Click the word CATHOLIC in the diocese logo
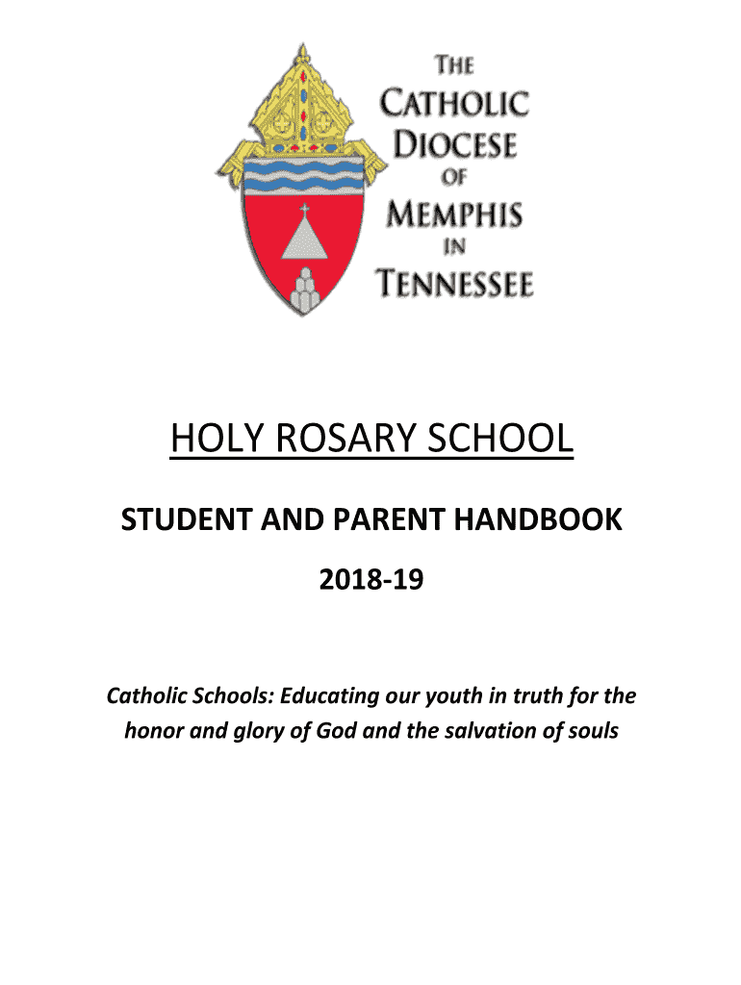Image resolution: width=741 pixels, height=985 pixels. (x=455, y=104)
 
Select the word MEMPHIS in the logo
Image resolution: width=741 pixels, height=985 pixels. (x=454, y=214)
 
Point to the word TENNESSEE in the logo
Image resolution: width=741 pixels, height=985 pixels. (x=454, y=283)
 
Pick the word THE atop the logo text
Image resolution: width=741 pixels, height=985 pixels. (x=455, y=66)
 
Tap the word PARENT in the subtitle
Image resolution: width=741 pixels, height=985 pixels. (x=379, y=521)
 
